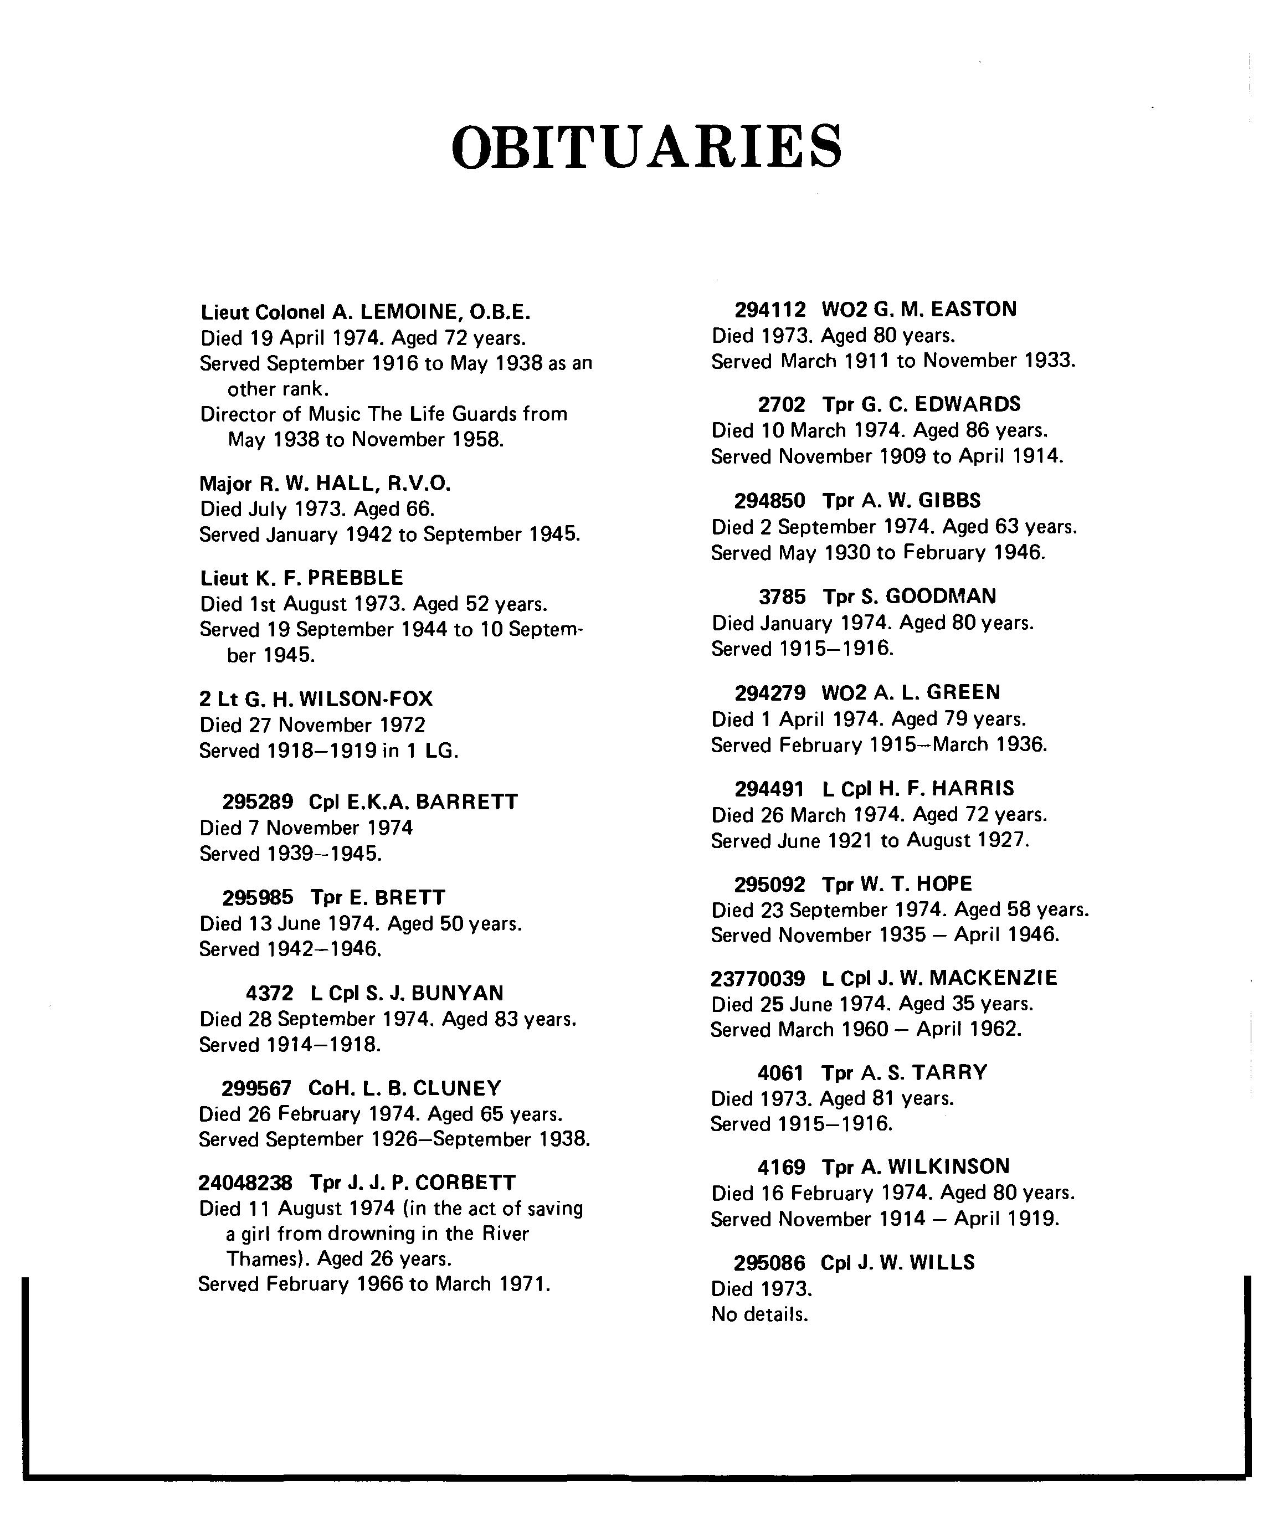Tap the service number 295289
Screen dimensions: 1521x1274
click(x=257, y=803)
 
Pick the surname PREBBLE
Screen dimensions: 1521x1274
click(x=355, y=578)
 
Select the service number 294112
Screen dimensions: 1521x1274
click(x=770, y=310)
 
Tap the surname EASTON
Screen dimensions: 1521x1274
click(x=973, y=310)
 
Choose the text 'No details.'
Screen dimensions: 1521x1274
click(x=759, y=1314)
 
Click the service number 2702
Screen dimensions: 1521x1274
click(x=781, y=404)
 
